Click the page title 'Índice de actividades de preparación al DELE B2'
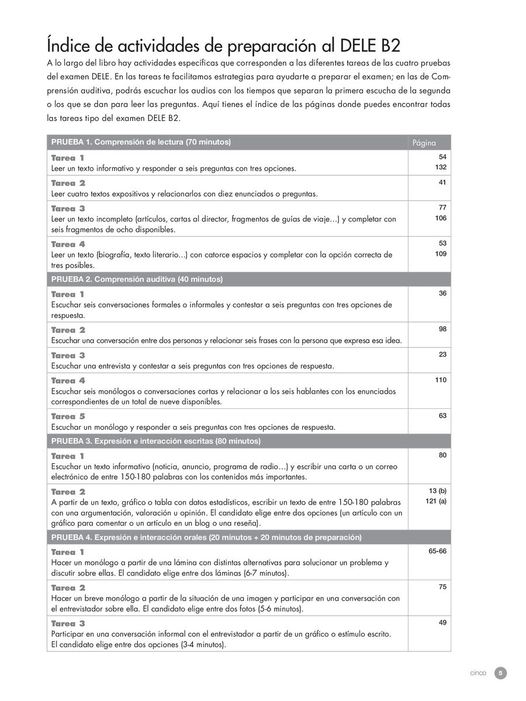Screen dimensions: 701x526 pyautogui.click(x=223, y=45)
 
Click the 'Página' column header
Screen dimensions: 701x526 pyautogui.click(x=424, y=143)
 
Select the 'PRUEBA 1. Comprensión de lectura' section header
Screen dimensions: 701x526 pyautogui.click(x=141, y=142)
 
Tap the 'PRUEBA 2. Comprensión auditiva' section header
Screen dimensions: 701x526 pyautogui.click(x=137, y=279)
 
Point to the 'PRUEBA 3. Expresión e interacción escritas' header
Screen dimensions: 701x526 pyautogui.click(x=156, y=440)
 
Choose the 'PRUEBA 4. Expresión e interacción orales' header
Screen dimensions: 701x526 pyautogui.click(x=206, y=537)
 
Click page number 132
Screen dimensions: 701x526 pyautogui.click(x=441, y=167)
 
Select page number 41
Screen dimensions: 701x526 pyautogui.click(x=442, y=183)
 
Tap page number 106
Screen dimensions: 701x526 pyautogui.click(x=441, y=218)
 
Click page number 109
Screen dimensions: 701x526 pyautogui.click(x=441, y=254)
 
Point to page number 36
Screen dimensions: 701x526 pyautogui.click(x=442, y=293)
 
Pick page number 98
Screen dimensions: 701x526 pyautogui.click(x=442, y=329)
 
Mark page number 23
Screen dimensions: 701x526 pyautogui.click(x=442, y=354)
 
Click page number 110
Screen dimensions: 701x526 pyautogui.click(x=441, y=380)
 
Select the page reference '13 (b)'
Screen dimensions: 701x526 pyautogui.click(x=437, y=491)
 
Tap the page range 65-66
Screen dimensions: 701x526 pyautogui.click(x=437, y=551)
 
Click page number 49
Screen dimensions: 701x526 pyautogui.click(x=442, y=622)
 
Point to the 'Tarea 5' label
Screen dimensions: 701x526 pyautogui.click(x=68, y=417)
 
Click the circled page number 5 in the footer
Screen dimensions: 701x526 pyautogui.click(x=500, y=673)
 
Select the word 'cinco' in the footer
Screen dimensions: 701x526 pyautogui.click(x=478, y=673)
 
